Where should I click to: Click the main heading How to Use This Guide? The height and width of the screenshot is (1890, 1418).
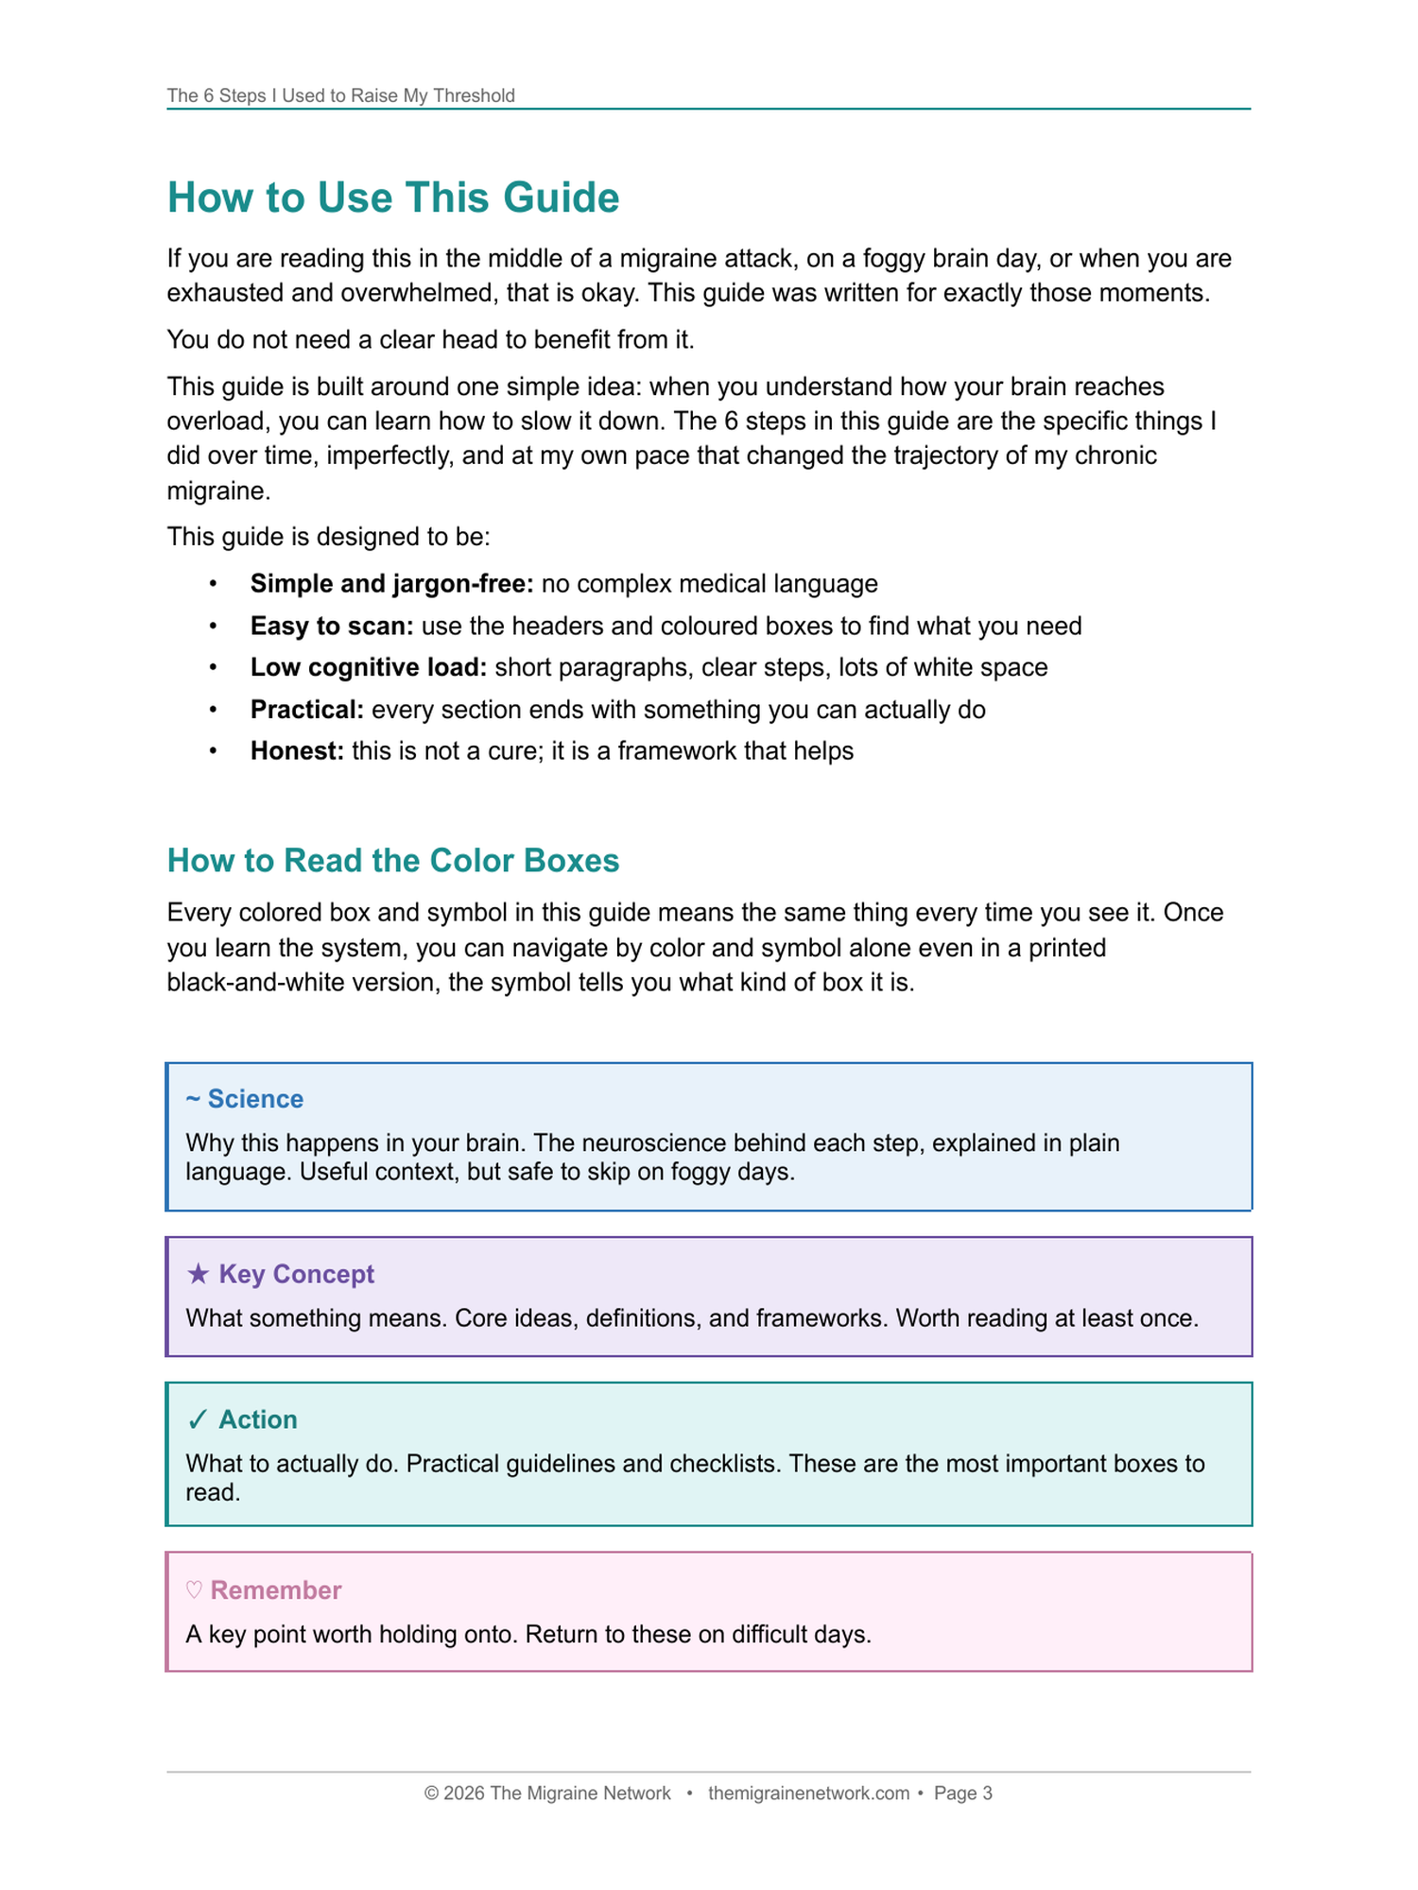393,198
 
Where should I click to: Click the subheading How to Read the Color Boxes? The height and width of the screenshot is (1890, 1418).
393,860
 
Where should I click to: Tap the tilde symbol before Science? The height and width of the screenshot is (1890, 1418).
193,1099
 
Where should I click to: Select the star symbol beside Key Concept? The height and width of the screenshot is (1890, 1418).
199,1274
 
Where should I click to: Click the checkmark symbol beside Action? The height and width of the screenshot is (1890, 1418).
198,1419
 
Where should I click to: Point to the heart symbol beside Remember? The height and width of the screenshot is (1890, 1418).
194,1590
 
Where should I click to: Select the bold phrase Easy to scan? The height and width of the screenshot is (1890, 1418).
332,626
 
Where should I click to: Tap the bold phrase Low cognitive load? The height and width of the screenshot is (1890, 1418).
369,667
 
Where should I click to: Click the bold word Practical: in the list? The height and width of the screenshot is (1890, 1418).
307,710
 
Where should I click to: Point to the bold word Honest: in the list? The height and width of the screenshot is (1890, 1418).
297,751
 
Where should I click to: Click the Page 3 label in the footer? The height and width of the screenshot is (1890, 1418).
962,1794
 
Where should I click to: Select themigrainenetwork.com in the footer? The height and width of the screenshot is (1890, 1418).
808,1794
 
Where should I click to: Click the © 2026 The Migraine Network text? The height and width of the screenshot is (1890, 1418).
547,1794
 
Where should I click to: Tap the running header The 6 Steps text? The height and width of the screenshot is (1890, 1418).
340,95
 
